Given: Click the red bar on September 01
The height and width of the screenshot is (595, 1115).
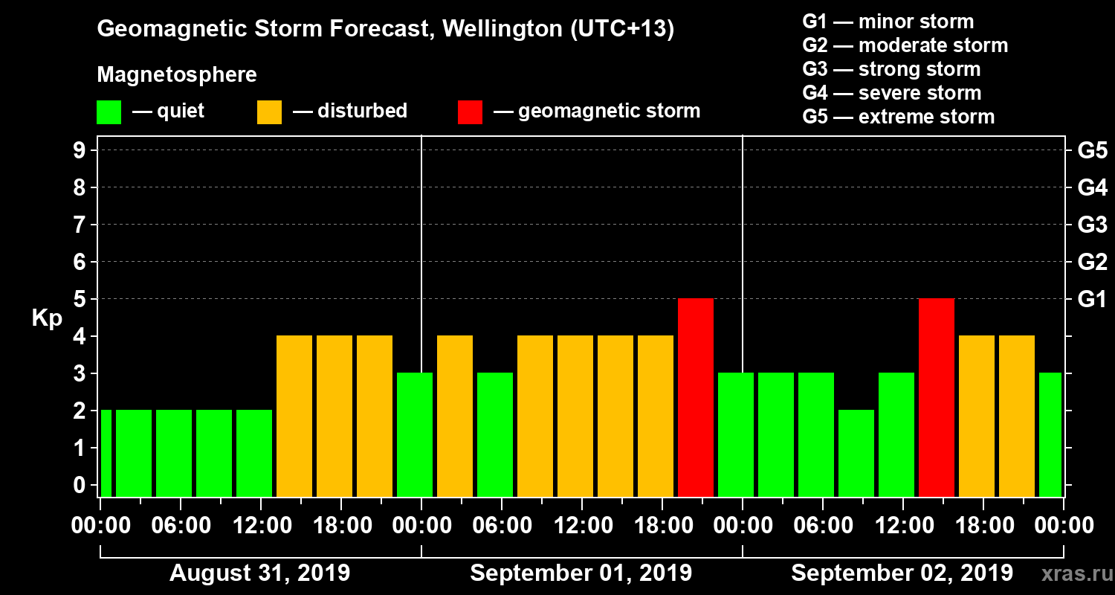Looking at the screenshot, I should point(696,397).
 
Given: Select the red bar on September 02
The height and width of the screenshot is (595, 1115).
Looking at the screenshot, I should point(937,397).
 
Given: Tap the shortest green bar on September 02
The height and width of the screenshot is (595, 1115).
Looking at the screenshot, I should point(856,453).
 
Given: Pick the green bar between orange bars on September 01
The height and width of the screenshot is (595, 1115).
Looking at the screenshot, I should point(495,434).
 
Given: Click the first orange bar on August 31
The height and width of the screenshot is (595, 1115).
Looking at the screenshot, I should point(294,416).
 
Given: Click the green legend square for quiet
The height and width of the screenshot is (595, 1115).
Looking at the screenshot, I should point(109,112).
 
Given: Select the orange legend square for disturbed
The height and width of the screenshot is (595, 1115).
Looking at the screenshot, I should point(269,112).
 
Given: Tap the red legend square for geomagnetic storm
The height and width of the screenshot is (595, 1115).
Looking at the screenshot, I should point(470,112).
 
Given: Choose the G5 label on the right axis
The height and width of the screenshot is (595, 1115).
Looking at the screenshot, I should point(1092,150).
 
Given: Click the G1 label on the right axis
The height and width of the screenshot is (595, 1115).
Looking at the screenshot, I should point(1092,299).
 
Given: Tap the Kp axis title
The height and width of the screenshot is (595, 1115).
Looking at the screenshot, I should point(47,318).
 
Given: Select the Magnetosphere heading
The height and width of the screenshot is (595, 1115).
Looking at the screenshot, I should point(177,75).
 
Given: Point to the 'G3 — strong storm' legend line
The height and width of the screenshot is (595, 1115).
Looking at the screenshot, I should point(891,69).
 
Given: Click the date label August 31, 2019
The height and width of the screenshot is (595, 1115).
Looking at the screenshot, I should point(259,573).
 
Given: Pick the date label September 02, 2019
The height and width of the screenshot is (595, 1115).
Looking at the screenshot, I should point(902,573).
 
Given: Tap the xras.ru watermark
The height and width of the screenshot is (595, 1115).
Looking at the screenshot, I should point(1071,573).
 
